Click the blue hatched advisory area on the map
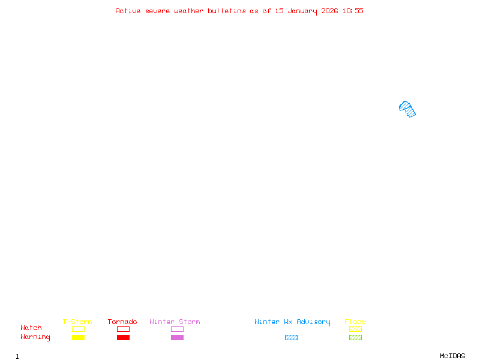pyautogui.click(x=407, y=109)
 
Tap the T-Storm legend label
pyautogui.click(x=77, y=322)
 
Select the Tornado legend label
pyautogui.click(x=122, y=322)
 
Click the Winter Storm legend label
pyautogui.click(x=175, y=322)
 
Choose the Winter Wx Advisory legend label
pyautogui.click(x=292, y=322)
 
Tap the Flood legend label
pyautogui.click(x=355, y=322)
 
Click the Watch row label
pyautogui.click(x=31, y=328)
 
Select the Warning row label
pyautogui.click(x=35, y=337)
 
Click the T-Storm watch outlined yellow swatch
pyautogui.click(x=78, y=329)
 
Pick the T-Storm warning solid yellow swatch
pyautogui.click(x=78, y=337)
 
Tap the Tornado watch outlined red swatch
pyautogui.click(x=123, y=329)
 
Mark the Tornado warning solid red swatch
pyautogui.click(x=123, y=337)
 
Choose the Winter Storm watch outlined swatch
pyautogui.click(x=177, y=329)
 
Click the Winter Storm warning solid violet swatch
pyautogui.click(x=177, y=337)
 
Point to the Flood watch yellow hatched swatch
pyautogui.click(x=355, y=329)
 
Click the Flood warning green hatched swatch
pyautogui.click(x=355, y=337)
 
